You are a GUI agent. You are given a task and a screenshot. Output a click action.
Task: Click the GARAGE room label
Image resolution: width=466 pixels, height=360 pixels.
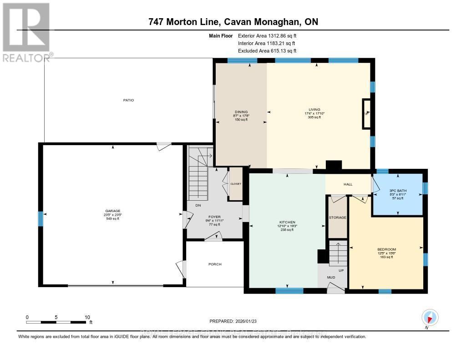[x=112, y=211]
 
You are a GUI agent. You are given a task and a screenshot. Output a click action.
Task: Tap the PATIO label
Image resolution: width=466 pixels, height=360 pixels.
[x=128, y=100]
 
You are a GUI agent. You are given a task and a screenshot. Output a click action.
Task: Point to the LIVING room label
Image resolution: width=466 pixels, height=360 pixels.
[x=314, y=109]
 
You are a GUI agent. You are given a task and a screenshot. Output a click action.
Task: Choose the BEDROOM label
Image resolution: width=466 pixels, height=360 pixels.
[x=386, y=249]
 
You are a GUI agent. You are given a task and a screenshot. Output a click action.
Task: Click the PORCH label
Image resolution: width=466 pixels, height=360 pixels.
[x=215, y=264]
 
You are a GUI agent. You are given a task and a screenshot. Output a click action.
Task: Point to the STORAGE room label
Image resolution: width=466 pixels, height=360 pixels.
[x=337, y=218]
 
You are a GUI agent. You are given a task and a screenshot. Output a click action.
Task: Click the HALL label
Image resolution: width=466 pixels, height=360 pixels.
[x=348, y=184]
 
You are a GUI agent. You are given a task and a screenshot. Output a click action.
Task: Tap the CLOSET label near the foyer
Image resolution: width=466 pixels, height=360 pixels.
[x=236, y=184]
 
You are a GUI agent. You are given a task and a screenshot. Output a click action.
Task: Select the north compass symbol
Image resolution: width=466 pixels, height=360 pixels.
[x=429, y=318]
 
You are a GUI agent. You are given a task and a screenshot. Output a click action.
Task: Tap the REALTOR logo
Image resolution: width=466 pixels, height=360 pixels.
[x=26, y=32]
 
